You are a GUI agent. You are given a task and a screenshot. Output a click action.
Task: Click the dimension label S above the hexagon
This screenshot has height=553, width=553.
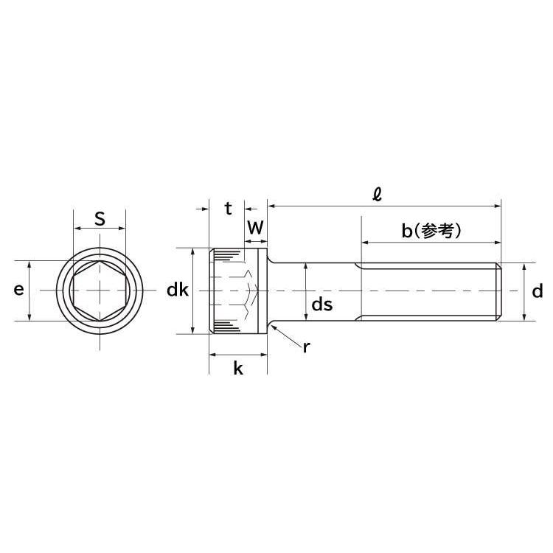point(100,219)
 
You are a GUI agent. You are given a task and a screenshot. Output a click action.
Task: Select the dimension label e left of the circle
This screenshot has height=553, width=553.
point(18,291)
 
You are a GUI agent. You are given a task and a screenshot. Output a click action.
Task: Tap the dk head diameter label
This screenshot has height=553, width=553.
point(178,291)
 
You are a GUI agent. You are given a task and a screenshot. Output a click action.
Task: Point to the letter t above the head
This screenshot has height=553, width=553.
point(229,209)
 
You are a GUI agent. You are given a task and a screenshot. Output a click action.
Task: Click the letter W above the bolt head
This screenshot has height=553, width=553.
point(255,228)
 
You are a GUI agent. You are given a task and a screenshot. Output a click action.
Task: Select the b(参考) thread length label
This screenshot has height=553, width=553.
point(431,231)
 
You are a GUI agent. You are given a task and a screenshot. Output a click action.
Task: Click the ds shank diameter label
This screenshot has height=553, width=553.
point(322,305)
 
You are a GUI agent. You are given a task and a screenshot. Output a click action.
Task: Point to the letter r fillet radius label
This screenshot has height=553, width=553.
point(306,347)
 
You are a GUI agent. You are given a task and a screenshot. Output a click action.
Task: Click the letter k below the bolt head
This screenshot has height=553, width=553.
point(237,369)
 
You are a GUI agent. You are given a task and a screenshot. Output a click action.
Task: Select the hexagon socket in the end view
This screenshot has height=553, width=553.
point(99,291)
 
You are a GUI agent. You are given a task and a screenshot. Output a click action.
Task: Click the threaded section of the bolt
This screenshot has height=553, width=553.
point(428,291)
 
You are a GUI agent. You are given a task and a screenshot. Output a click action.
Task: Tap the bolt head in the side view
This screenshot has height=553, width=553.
point(237,291)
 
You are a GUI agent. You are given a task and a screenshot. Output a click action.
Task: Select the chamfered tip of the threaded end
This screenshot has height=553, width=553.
point(499,291)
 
